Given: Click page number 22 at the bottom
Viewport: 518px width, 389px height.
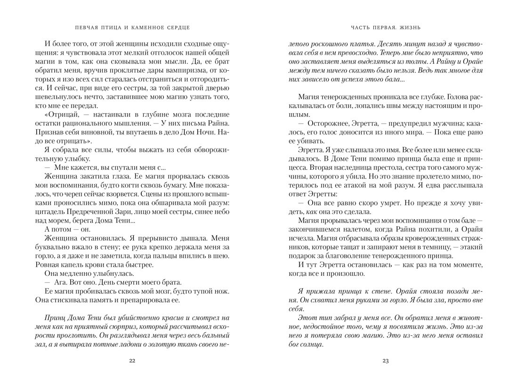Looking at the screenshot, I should click(132, 361).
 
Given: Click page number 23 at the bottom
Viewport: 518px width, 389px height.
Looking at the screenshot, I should click(385, 361).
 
